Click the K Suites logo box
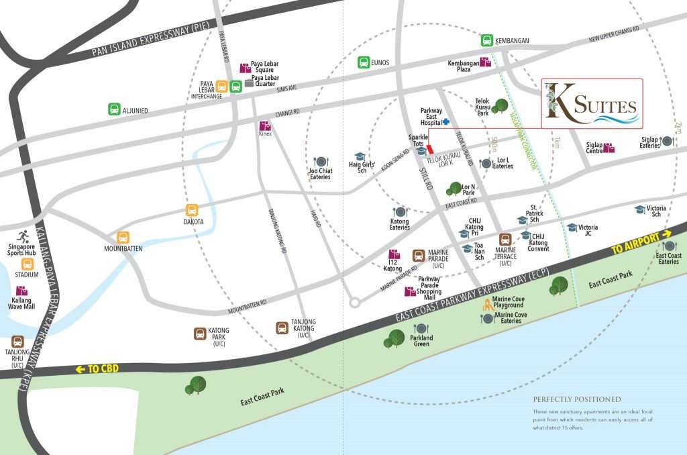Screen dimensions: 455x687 [592, 103]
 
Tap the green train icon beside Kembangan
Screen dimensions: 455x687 [486, 40]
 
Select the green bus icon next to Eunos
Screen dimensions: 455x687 [363, 62]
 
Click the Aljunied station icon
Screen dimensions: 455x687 [115, 109]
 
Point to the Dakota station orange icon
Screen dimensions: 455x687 [192, 210]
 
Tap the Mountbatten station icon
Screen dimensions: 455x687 [123, 238]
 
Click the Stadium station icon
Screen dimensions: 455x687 [28, 264]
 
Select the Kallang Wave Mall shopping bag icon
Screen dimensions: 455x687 [22, 291]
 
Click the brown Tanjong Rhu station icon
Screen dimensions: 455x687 [17, 342]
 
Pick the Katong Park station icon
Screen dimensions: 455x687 [200, 334]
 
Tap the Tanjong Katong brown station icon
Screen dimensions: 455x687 [283, 327]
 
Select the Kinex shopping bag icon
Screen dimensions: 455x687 [265, 125]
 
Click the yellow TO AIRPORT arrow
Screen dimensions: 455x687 [667, 234]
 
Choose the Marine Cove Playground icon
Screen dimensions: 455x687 [487, 304]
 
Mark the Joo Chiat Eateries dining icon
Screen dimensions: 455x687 [320, 162]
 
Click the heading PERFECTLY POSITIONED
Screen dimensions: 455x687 [577, 399]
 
